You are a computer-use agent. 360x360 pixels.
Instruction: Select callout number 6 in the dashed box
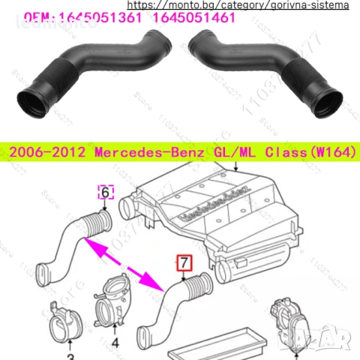click(105, 193)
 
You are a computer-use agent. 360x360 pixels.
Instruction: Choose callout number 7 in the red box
click(184, 263)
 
